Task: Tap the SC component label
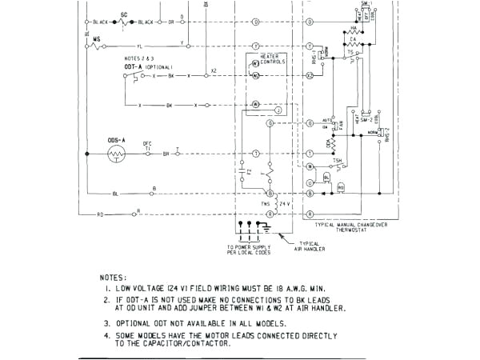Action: click(x=124, y=14)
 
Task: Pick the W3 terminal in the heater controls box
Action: click(x=256, y=62)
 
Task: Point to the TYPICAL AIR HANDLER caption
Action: click(x=309, y=246)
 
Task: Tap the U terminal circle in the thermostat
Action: click(x=310, y=182)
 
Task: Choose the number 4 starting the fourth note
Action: click(x=106, y=335)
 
